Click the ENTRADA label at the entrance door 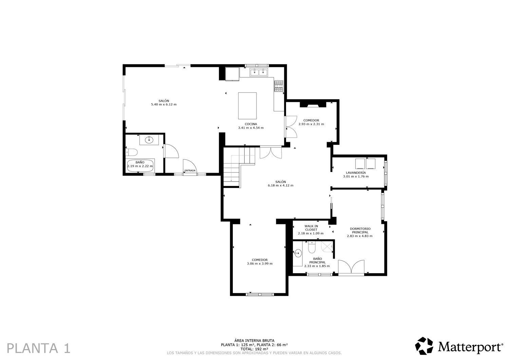click(x=190, y=170)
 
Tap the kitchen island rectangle click(x=247, y=106)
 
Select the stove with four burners click(x=279, y=86)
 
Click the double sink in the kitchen click(x=259, y=72)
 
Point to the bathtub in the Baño click(x=140, y=166)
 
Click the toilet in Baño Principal click(x=312, y=248)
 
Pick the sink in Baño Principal click(x=298, y=253)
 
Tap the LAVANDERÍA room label click(x=356, y=173)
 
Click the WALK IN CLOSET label click(x=311, y=228)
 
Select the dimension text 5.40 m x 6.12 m click(x=164, y=105)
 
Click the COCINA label click(x=251, y=124)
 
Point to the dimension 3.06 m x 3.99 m click(x=260, y=264)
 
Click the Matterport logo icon click(x=424, y=346)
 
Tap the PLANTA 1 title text click(x=39, y=348)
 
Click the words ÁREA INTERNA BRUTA click(x=254, y=340)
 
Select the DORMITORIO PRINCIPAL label click(x=360, y=230)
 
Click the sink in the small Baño click(x=149, y=140)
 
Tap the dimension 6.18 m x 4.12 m click(x=281, y=186)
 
